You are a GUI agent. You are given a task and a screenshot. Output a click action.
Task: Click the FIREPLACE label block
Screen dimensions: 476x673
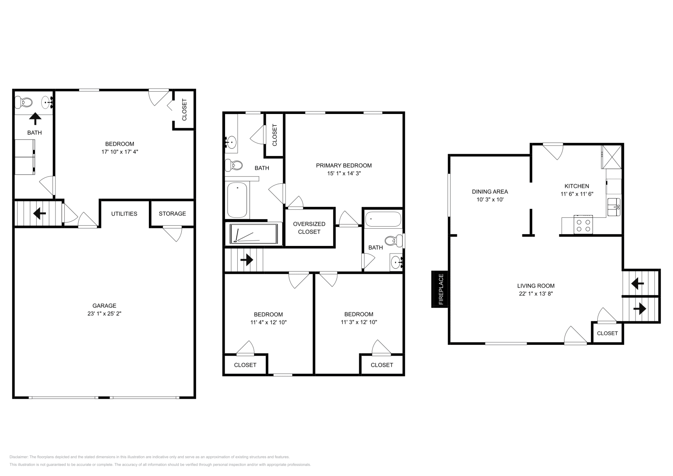tap(440, 289)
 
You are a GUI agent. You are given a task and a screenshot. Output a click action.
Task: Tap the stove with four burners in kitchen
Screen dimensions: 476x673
tap(583, 225)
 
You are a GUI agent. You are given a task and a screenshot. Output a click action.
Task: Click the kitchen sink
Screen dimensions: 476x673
tap(614, 206)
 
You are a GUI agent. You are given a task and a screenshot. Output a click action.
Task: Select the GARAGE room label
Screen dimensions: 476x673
tap(104, 306)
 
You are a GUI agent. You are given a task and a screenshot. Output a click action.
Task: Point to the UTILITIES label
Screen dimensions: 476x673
tap(124, 214)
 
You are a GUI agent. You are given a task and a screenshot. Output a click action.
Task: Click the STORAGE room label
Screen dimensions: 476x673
tap(172, 214)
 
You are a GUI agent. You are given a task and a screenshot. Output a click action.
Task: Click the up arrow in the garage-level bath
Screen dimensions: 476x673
tap(35, 119)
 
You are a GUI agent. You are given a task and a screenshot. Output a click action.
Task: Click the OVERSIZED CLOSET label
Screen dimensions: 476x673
tap(309, 228)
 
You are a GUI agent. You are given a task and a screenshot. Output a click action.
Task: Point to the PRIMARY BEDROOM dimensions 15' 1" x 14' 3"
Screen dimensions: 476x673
tap(344, 173)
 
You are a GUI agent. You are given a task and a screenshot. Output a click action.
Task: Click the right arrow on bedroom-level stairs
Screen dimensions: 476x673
tap(246, 260)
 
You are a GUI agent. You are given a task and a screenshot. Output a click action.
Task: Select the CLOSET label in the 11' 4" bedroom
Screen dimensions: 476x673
tap(245, 365)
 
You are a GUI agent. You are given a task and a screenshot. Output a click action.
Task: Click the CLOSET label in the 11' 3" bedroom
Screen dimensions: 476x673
tap(382, 365)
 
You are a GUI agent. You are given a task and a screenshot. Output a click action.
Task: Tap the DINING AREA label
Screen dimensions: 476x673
tap(490, 192)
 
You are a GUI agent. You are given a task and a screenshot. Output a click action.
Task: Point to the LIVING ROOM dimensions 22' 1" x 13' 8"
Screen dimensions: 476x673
tap(535, 294)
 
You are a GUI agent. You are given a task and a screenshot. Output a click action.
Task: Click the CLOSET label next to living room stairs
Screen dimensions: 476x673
tap(607, 333)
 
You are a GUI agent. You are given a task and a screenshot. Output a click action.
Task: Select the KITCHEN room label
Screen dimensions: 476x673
tap(576, 186)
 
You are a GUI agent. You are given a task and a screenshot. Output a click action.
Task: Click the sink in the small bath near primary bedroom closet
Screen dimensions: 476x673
tap(396, 263)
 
